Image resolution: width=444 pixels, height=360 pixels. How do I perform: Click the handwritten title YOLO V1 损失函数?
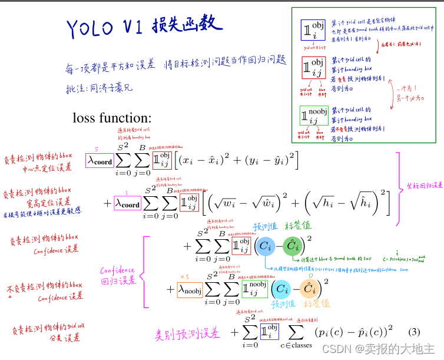click(x=144, y=26)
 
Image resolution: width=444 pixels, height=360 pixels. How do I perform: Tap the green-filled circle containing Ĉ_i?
click(x=291, y=247)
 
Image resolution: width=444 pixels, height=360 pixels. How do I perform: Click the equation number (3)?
click(x=414, y=331)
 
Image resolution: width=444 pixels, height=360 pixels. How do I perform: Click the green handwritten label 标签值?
click(x=298, y=227)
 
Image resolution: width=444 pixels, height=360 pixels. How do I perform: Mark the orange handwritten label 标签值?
click(x=317, y=305)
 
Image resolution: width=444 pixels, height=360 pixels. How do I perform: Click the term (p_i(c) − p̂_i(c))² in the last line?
click(x=353, y=332)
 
